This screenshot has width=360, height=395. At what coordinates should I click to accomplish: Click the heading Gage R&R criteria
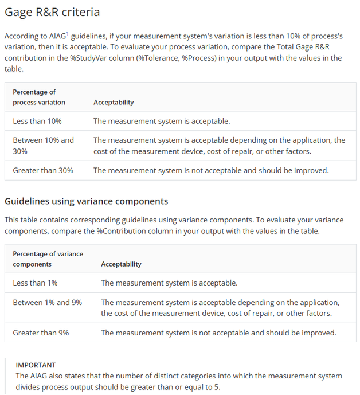(x=52, y=12)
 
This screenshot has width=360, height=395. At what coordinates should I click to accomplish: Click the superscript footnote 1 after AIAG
(x=68, y=33)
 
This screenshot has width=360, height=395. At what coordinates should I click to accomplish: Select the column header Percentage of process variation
(x=39, y=97)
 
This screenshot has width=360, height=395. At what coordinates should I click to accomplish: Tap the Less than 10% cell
(x=37, y=121)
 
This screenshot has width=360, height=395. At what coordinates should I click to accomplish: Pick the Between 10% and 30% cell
(x=43, y=146)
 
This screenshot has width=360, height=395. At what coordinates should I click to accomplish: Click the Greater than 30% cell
(x=43, y=170)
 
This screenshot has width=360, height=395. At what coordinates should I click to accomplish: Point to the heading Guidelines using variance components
(x=87, y=201)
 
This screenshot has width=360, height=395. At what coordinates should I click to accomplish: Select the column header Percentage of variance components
(x=48, y=259)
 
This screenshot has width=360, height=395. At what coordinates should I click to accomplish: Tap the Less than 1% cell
(x=35, y=283)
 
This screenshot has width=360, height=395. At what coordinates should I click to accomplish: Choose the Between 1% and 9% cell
(x=47, y=302)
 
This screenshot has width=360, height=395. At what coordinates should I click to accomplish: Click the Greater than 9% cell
(x=41, y=332)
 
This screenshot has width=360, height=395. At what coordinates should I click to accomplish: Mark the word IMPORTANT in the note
(x=36, y=365)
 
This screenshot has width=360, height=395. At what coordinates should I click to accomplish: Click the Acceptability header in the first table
(x=114, y=102)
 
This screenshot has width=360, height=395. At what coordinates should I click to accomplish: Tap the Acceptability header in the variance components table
(x=121, y=264)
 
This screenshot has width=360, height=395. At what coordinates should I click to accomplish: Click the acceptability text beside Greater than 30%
(x=211, y=170)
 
